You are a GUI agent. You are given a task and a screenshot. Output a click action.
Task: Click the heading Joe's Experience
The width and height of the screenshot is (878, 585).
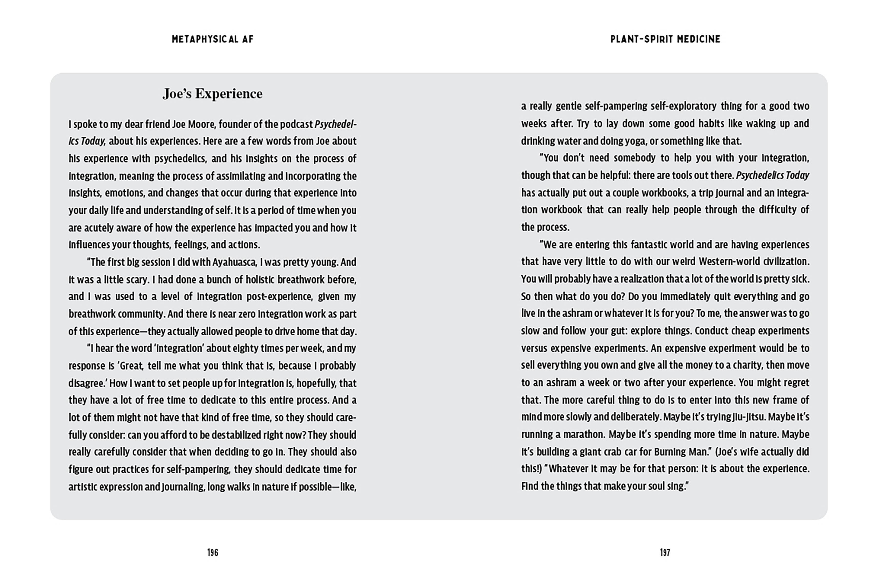pos(212,94)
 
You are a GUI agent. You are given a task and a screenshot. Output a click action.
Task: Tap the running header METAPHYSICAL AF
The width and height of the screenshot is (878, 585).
pos(212,39)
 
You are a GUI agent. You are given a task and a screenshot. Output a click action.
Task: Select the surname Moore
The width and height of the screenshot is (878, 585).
pos(202,124)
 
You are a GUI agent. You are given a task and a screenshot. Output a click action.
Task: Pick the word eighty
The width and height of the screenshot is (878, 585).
pos(247,349)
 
